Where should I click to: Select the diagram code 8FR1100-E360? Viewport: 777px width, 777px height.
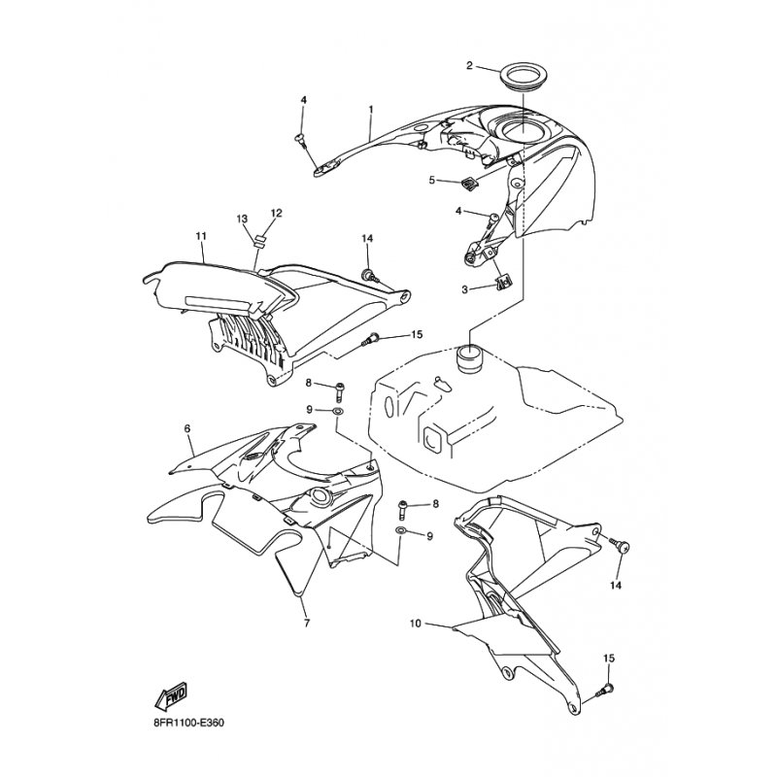coord(188,723)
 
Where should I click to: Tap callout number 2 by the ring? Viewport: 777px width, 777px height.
coord(470,65)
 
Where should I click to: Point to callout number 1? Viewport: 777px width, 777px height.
coord(371,108)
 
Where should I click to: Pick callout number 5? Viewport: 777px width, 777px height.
coord(431,180)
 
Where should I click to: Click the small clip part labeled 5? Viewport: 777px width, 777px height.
coord(470,183)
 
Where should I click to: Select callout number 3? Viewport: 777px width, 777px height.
coord(464,288)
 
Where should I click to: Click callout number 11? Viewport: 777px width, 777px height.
coord(201,236)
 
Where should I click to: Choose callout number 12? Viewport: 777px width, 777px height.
coord(277,213)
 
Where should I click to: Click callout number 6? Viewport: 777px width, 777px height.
coord(187,428)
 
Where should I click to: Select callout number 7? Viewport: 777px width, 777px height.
coord(307,623)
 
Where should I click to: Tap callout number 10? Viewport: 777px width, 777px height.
coord(416,623)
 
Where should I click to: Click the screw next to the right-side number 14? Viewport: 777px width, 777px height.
coord(620,546)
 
